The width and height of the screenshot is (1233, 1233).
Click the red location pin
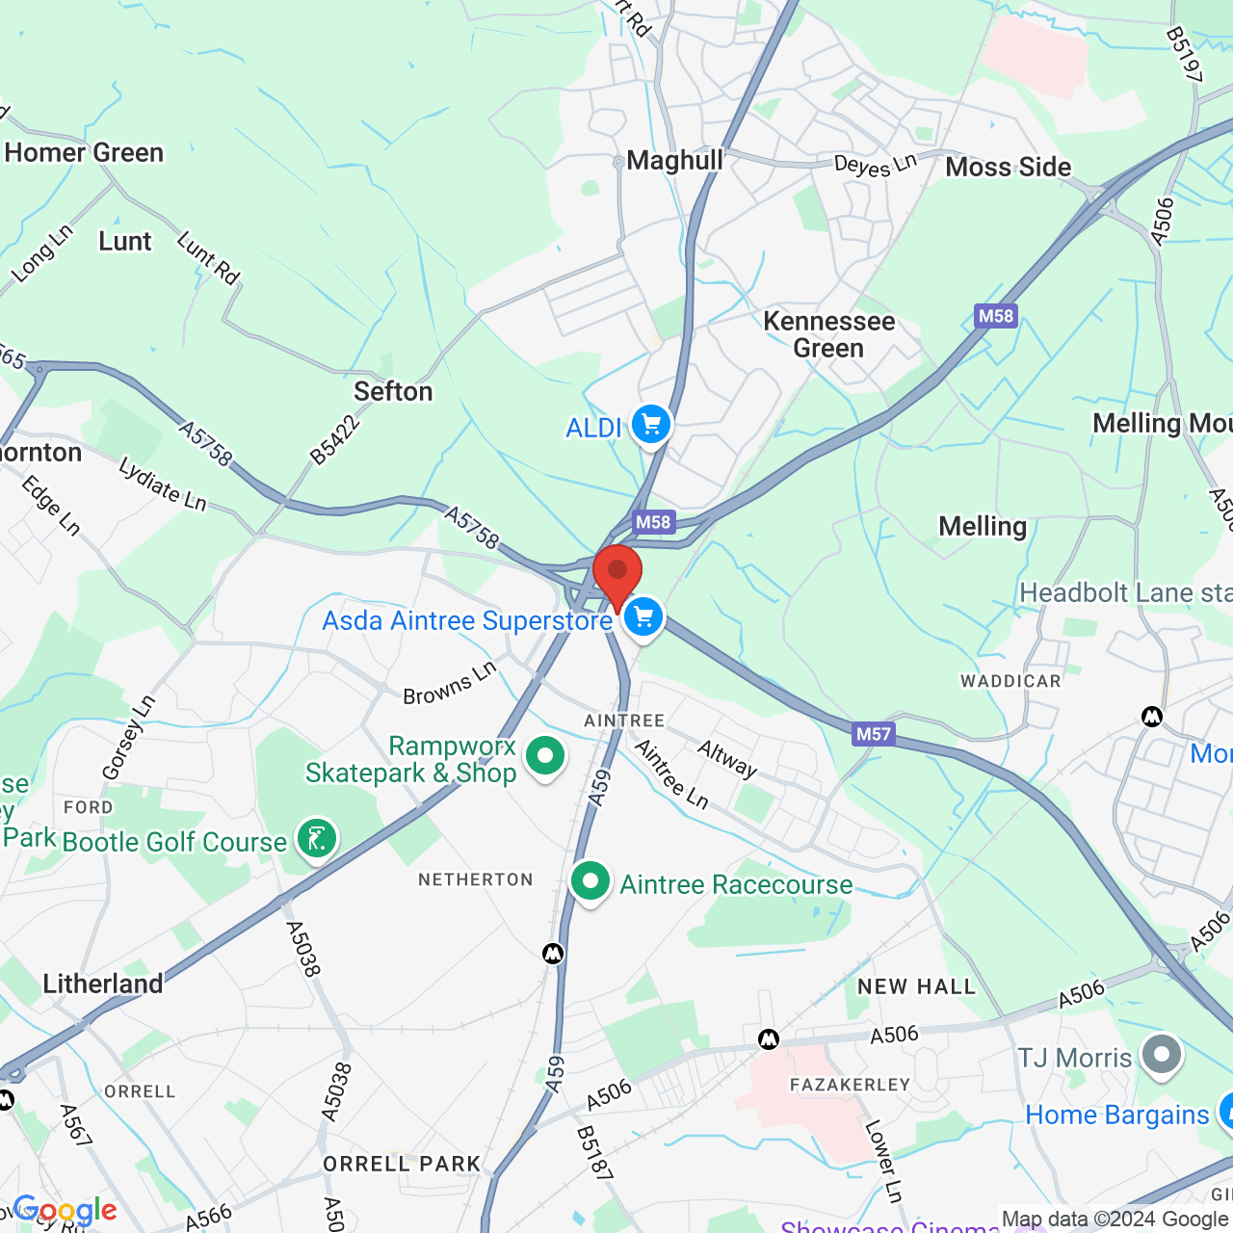click(x=617, y=573)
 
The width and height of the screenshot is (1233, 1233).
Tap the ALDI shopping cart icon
click(x=651, y=425)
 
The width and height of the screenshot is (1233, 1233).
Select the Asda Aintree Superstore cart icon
click(x=643, y=617)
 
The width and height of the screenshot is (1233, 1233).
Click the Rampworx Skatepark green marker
click(x=545, y=757)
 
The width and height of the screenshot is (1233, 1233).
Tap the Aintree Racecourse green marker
click(x=590, y=881)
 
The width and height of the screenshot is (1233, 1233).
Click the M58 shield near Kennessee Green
click(x=995, y=316)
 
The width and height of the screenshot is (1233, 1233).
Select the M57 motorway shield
click(x=874, y=734)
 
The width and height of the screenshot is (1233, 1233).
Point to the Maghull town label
click(x=674, y=161)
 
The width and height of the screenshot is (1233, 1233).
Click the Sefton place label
click(x=393, y=391)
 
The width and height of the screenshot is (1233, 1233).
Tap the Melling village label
click(x=983, y=526)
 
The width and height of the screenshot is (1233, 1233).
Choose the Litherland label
click(x=103, y=984)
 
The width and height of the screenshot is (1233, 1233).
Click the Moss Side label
click(x=1008, y=168)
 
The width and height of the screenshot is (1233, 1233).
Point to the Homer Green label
click(x=85, y=153)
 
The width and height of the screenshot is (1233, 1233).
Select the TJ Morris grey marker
click(x=1162, y=1055)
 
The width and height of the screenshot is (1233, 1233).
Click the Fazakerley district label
click(x=850, y=1085)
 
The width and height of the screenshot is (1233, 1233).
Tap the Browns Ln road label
click(x=449, y=683)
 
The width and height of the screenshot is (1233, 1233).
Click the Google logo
click(x=66, y=1210)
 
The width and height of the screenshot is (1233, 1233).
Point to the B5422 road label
click(x=335, y=439)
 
